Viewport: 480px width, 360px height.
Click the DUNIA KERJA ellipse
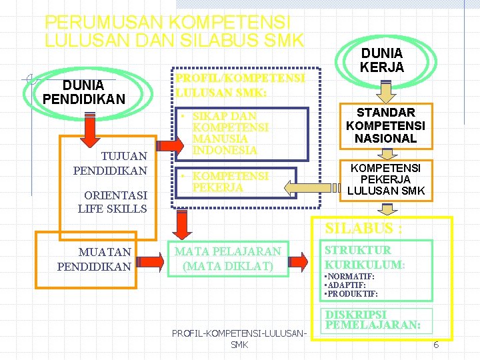(382, 61)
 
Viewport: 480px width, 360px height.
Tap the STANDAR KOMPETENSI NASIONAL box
(386, 125)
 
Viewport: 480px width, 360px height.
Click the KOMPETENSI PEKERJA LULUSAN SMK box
(386, 179)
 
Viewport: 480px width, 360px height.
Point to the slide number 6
(436, 345)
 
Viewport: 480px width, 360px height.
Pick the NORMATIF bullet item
(349, 276)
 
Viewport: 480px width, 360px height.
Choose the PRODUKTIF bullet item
(351, 293)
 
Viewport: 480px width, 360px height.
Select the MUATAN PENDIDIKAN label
(94, 259)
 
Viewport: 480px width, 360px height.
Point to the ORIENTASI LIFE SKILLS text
(112, 201)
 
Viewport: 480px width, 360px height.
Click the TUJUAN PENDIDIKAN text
(110, 164)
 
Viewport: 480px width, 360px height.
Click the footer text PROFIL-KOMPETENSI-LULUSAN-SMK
(239, 338)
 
